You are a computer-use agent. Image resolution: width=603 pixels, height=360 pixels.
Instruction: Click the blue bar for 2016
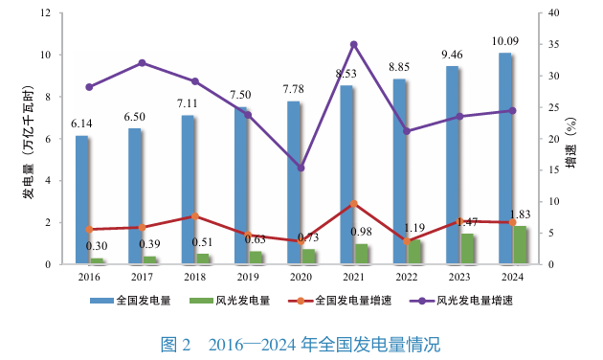tap(82, 200)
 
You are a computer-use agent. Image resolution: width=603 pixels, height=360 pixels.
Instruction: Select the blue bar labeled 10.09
tap(504, 158)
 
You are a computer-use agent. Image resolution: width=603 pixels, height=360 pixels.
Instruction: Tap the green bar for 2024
tap(520, 245)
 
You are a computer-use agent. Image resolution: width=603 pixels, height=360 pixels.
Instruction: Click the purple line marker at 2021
tap(353, 44)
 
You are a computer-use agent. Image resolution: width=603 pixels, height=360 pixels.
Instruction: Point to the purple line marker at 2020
tap(301, 168)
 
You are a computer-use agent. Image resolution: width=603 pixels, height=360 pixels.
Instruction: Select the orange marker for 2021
tap(353, 204)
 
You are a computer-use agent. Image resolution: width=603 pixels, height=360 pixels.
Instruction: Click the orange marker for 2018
tap(194, 216)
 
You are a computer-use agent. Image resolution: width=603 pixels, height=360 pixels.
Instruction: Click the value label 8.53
tap(346, 73)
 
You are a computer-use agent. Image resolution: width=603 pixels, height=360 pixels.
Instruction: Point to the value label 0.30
tap(97, 246)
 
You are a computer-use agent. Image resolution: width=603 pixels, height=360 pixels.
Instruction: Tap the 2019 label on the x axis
tap(248, 277)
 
